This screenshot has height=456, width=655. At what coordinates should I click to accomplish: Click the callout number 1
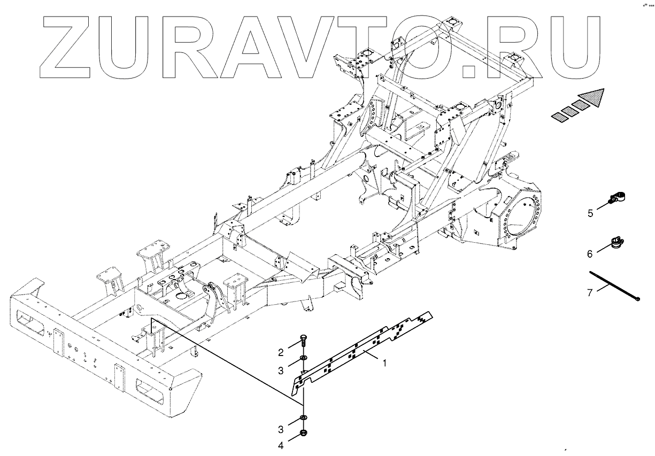tap(383, 363)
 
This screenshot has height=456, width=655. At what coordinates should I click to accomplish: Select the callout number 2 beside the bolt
tap(280, 352)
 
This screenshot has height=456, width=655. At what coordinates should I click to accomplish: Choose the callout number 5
tap(590, 213)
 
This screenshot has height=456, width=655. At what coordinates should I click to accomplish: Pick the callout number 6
tap(590, 254)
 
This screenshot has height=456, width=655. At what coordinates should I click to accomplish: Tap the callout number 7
tap(590, 292)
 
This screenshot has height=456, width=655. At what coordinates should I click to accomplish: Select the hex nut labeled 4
tap(303, 432)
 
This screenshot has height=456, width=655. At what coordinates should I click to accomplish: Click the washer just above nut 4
tap(303, 417)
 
